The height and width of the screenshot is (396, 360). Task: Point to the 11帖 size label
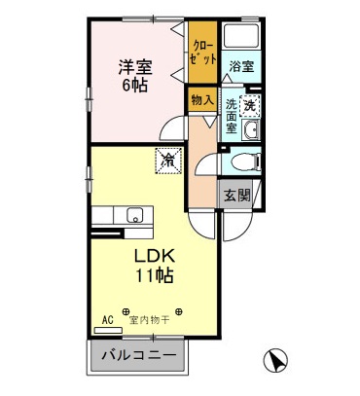tap(154, 276)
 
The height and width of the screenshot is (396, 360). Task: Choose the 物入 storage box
tap(201, 100)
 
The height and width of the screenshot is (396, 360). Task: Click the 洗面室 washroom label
tap(232, 115)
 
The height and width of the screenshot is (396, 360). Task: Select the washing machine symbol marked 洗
tap(250, 105)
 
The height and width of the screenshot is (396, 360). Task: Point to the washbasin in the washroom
tap(252, 132)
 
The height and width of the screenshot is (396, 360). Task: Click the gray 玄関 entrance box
tap(237, 195)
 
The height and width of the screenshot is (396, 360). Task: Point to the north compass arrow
tap(276, 361)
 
